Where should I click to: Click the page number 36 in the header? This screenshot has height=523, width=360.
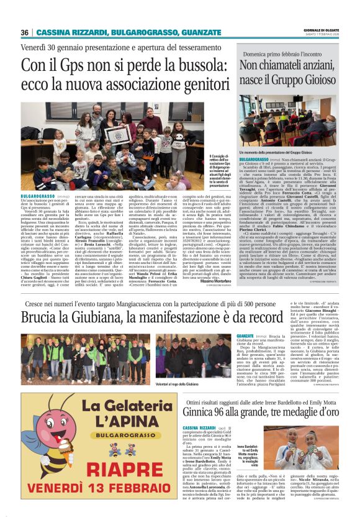coord(25,32)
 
